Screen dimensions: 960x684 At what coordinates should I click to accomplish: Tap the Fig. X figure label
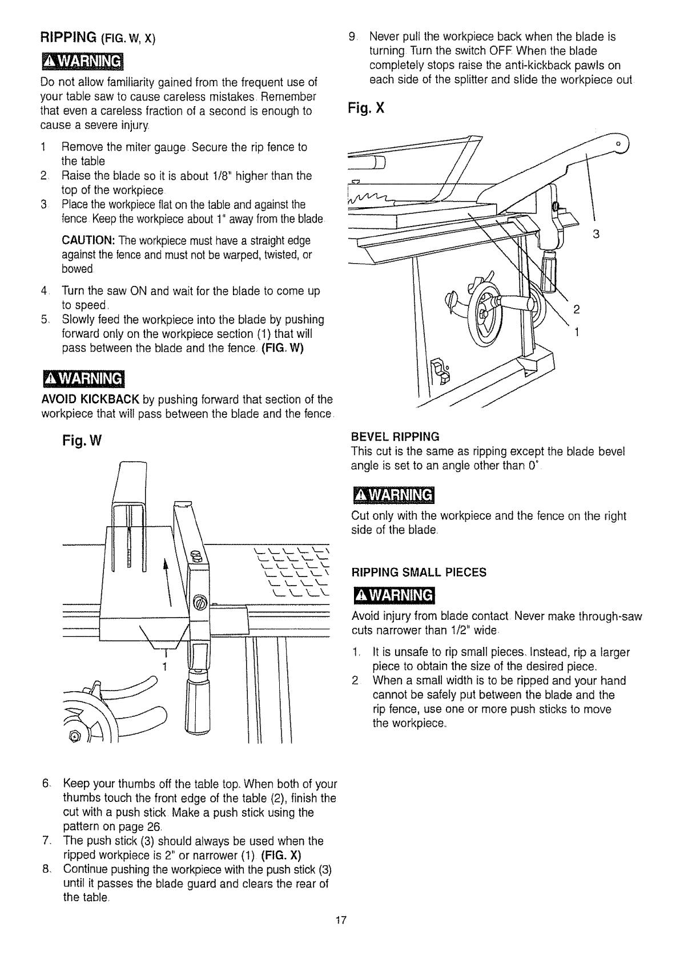click(x=367, y=108)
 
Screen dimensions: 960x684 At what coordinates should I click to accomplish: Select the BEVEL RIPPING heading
click(x=395, y=437)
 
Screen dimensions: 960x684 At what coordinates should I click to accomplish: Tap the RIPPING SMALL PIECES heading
click(x=419, y=572)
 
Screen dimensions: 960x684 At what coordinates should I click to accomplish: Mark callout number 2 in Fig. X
click(x=577, y=309)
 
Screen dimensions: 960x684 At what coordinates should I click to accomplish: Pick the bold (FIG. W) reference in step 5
click(x=284, y=348)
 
